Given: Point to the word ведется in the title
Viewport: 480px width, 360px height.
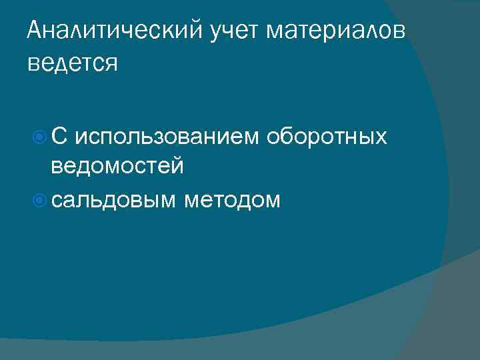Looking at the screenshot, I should pyautogui.click(x=73, y=64).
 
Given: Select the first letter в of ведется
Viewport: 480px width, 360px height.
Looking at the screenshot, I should pyautogui.click(x=33, y=65).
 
